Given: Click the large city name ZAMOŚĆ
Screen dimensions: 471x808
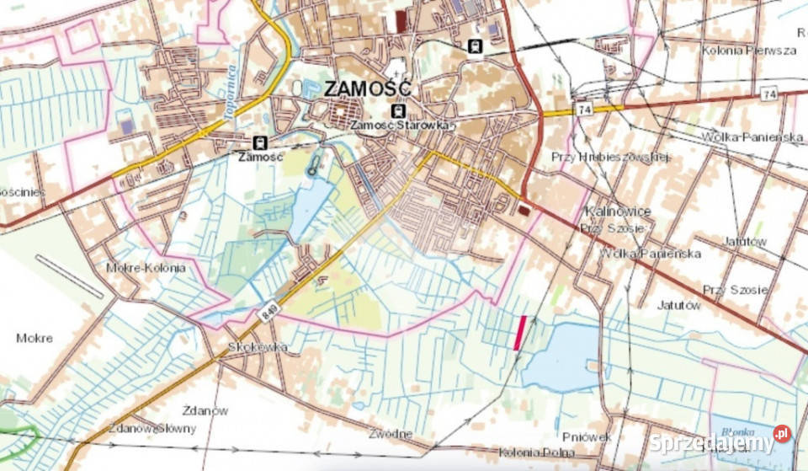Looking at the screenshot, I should (367, 88).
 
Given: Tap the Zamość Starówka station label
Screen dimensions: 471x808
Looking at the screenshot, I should (401, 126).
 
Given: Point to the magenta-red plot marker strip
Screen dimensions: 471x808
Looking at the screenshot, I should (520, 333).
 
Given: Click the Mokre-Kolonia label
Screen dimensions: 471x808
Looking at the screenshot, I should (145, 267).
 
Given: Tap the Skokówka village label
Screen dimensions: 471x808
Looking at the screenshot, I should (258, 347).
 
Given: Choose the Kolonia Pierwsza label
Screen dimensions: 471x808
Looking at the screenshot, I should (748, 51).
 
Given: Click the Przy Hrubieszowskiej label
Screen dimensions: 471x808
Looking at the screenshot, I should (609, 157).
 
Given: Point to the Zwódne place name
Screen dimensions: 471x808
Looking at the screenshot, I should (391, 434).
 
